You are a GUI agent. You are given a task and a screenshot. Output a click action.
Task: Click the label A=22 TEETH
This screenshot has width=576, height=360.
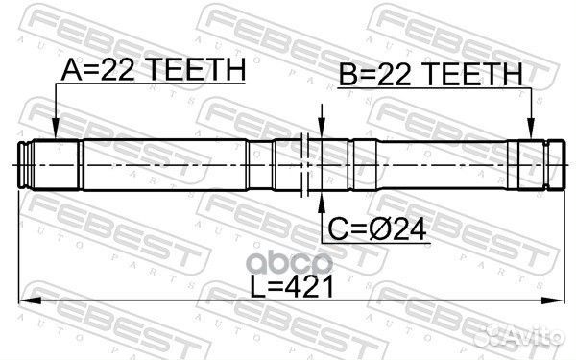[154, 70]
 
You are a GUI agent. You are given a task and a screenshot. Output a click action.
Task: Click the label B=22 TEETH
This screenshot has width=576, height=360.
[430, 74]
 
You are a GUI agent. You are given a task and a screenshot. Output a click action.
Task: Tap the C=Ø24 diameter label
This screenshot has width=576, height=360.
[377, 229]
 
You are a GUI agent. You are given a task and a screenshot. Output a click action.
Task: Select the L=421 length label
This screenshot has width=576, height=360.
[292, 286]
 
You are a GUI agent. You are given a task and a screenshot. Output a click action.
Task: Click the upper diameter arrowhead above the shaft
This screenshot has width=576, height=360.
[322, 129]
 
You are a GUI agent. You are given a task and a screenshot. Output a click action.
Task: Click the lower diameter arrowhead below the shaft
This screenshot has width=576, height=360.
[322, 203]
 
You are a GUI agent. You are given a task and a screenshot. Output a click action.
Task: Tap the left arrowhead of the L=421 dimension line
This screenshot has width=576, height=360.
[30, 300]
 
